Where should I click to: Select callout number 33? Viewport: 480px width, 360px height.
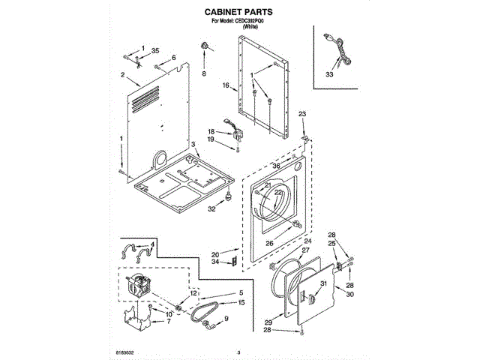(x=328, y=74)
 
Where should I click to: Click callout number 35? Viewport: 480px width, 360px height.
(x=155, y=50)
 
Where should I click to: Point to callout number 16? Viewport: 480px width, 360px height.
(x=225, y=86)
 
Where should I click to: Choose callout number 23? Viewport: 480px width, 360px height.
(x=302, y=113)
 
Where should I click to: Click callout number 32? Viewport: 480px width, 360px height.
(x=211, y=209)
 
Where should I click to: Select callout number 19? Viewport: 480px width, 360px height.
(x=211, y=139)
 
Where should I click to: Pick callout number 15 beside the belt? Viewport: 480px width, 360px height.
(x=241, y=302)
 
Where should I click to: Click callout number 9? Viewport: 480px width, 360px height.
(x=226, y=319)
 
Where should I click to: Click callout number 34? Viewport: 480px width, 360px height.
(x=214, y=261)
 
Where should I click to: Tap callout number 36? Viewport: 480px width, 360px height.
(x=275, y=166)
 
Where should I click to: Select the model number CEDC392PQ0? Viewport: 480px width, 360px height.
(x=247, y=21)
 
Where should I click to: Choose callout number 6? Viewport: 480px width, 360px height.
(x=173, y=58)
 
